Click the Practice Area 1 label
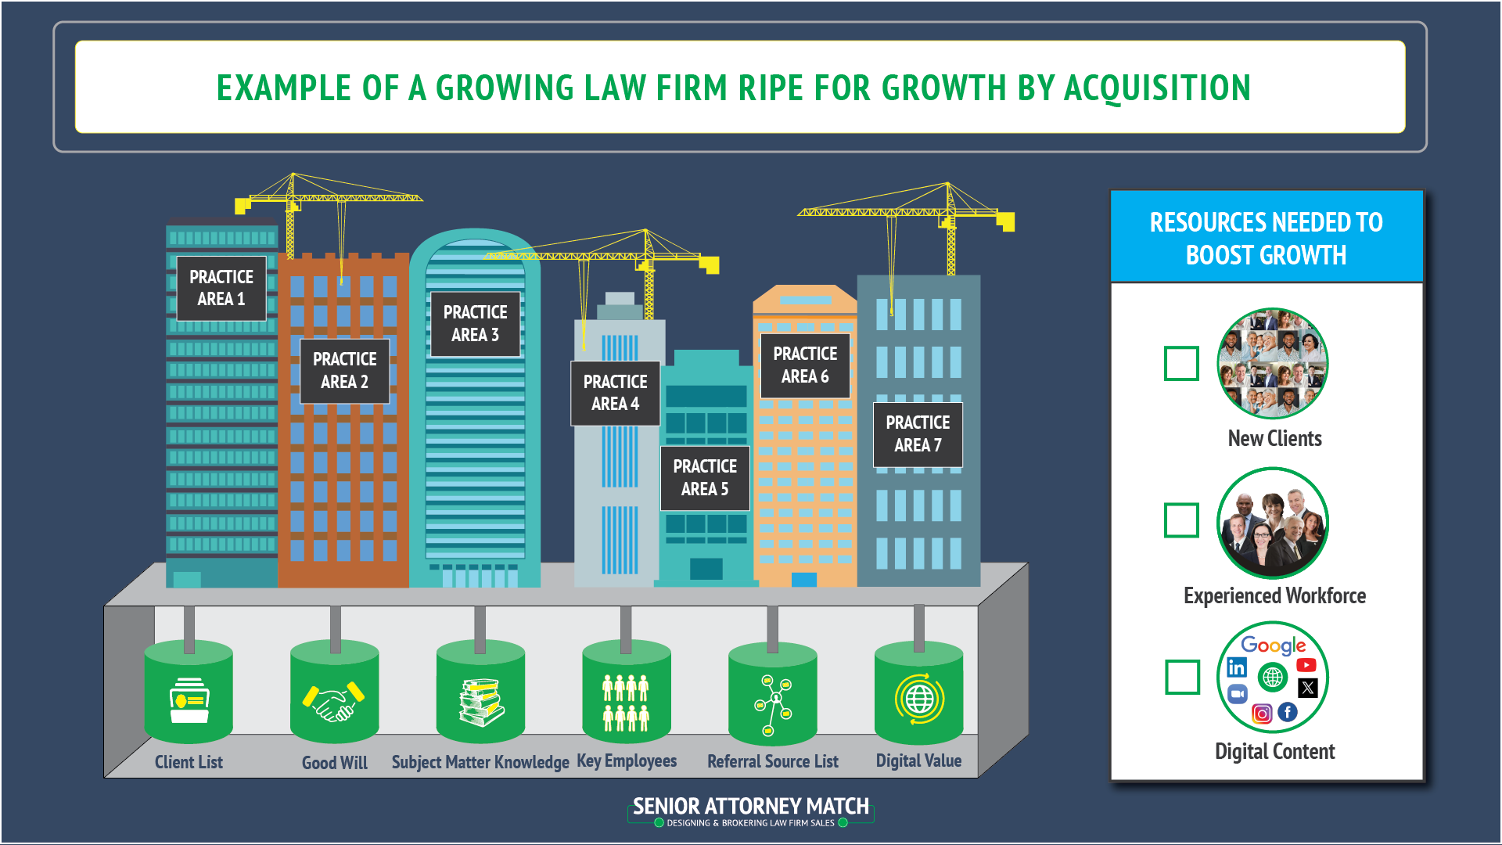click(x=221, y=288)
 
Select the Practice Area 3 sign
click(x=475, y=323)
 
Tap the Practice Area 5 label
click(x=705, y=477)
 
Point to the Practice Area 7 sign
click(x=918, y=434)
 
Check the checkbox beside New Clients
click(x=1181, y=363)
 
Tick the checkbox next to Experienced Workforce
click(x=1181, y=520)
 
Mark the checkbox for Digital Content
click(x=1182, y=677)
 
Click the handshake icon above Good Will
click(x=334, y=699)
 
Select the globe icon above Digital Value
click(x=919, y=699)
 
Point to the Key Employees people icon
click(x=626, y=703)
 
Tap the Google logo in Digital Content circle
click(x=1273, y=645)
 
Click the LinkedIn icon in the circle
click(x=1237, y=667)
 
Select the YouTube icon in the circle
click(x=1306, y=665)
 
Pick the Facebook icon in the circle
click(x=1288, y=712)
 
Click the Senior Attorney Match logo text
click(x=751, y=807)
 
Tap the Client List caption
click(x=189, y=762)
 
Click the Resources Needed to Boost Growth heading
click(x=1266, y=238)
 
